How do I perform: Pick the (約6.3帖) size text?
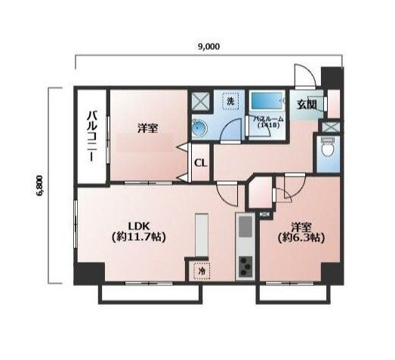pyautogui.click(x=301, y=237)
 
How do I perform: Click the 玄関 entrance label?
pyautogui.click(x=306, y=105)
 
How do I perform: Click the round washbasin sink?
pyautogui.click(x=199, y=129)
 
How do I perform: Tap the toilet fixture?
pyautogui.click(x=329, y=149)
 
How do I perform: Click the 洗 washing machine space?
pyautogui.click(x=228, y=100)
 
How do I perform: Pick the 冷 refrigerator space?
pyautogui.click(x=201, y=269)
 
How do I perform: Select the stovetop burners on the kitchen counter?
pyautogui.click(x=246, y=266)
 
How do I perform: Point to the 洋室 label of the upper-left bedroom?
pyautogui.click(x=148, y=128)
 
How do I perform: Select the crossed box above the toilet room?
pyautogui.click(x=329, y=127)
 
